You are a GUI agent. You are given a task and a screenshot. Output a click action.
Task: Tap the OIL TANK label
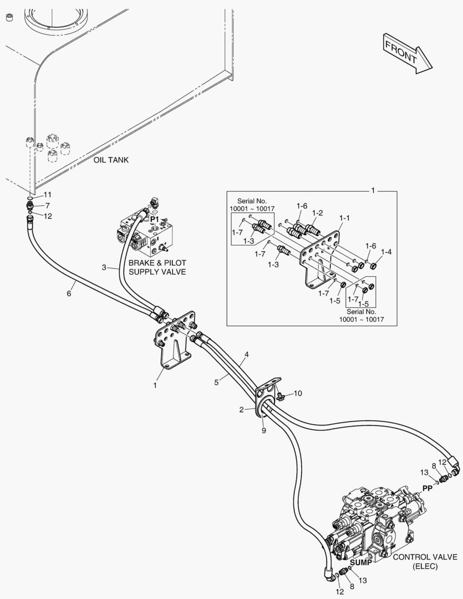point(111,160)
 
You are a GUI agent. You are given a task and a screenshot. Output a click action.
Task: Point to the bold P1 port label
point(155,220)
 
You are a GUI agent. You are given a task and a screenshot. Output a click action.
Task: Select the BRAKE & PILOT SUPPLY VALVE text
point(157,267)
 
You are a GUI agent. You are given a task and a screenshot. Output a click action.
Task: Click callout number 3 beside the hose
point(103,268)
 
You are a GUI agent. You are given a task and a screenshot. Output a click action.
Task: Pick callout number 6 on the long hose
point(69,293)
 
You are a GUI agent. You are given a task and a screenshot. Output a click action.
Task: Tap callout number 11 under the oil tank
point(48,195)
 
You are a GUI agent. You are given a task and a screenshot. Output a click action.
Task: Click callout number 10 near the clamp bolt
point(298,393)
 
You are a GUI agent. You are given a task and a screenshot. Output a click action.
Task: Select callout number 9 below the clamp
point(263,430)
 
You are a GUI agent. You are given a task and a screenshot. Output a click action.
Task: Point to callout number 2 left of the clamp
point(242,410)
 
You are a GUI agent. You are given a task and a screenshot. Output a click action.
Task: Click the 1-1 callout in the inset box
point(344,219)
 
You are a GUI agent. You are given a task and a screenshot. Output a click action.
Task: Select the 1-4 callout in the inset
point(386,251)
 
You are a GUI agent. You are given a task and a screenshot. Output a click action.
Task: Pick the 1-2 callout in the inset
point(317,212)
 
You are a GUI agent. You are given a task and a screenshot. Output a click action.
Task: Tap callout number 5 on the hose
point(217,382)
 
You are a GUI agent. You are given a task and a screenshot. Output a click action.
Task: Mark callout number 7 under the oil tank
point(48,206)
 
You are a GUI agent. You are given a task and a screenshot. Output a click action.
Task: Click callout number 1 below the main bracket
point(155,384)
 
